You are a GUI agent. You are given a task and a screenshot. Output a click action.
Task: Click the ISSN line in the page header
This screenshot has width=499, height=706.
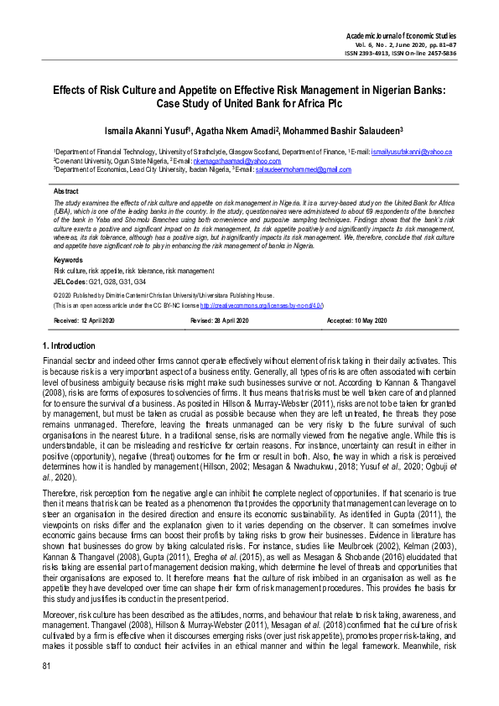coord(413,53)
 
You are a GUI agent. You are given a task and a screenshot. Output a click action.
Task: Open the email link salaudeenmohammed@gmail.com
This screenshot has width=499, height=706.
coord(303,169)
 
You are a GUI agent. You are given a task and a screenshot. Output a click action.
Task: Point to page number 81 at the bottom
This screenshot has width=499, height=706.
coord(47,688)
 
